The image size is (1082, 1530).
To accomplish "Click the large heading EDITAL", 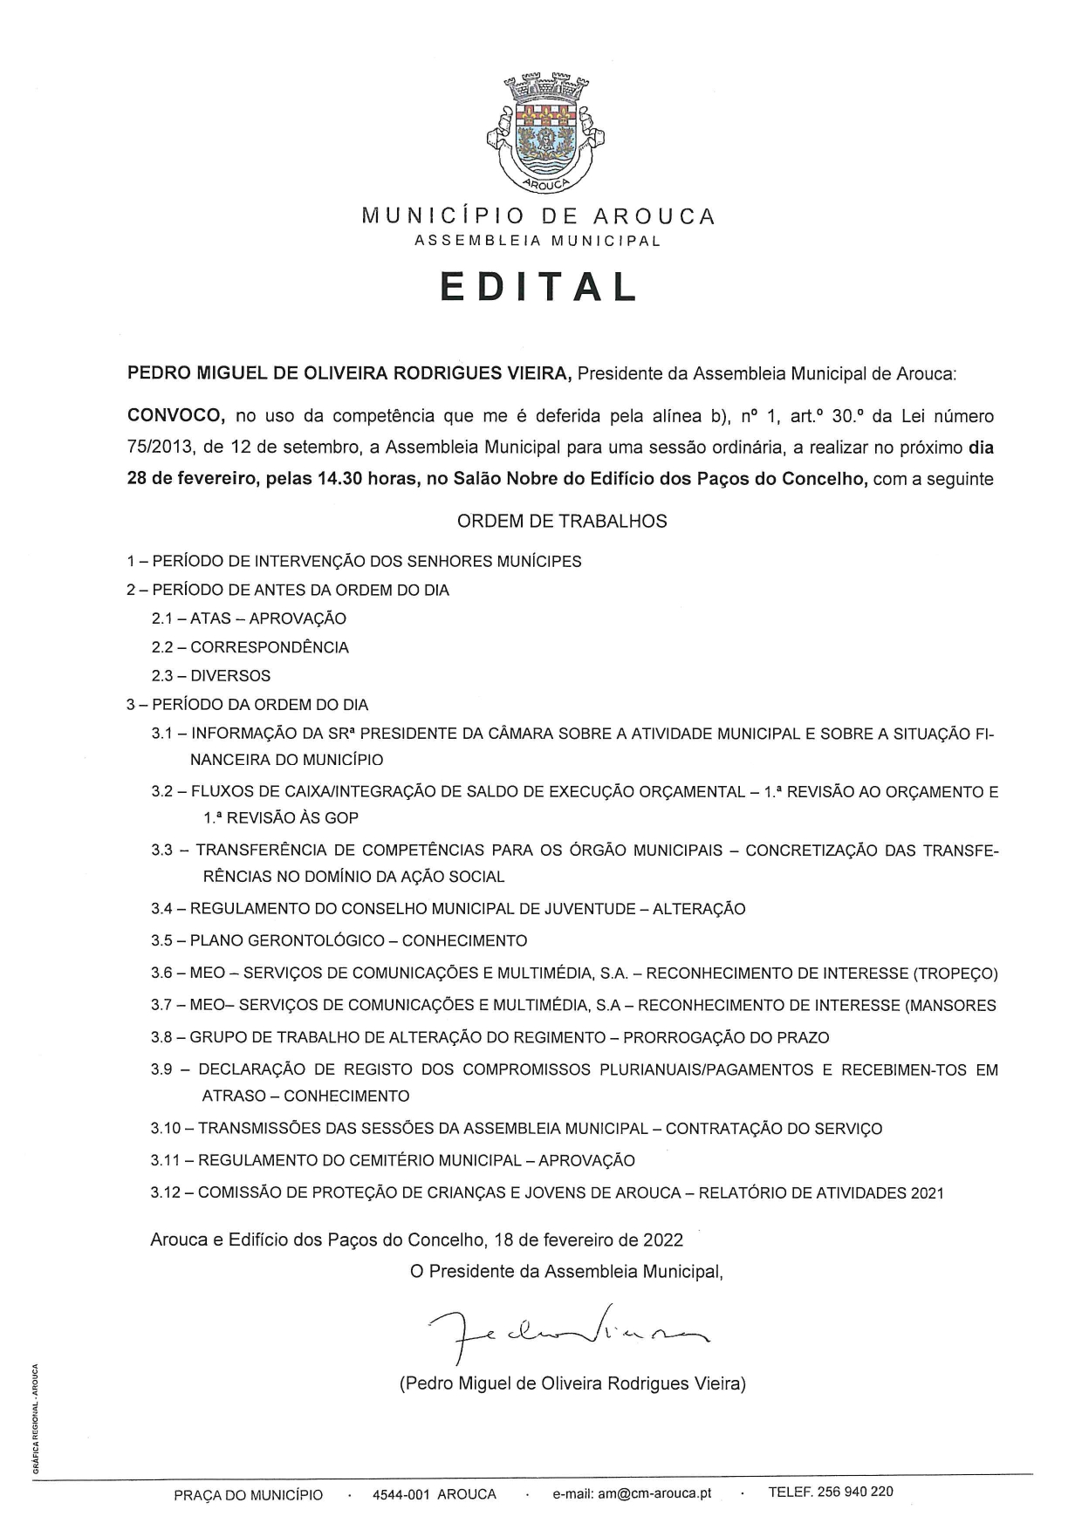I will (539, 286).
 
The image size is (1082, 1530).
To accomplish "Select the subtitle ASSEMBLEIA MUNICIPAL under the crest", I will (538, 241).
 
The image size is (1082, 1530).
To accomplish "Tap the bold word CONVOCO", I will (177, 416).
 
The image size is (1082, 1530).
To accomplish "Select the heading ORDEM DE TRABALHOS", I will (562, 521).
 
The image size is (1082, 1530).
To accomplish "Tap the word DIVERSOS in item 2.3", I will (230, 676).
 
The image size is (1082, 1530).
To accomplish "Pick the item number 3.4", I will (162, 909).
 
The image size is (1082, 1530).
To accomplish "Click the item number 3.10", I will (165, 1129).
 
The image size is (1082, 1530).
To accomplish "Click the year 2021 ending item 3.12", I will (927, 1193).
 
